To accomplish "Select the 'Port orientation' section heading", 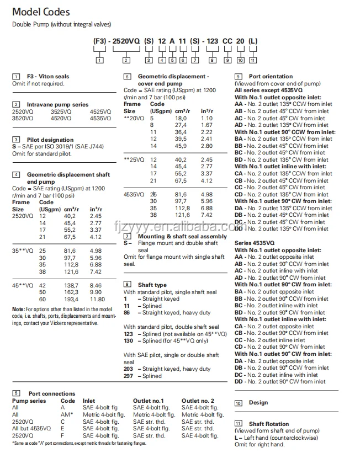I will pyautogui.click(x=271, y=76).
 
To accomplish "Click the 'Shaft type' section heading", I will pyautogui.click(x=152, y=285).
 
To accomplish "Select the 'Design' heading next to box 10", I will pyautogui.click(x=258, y=403).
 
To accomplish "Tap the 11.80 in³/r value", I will pyautogui.click(x=97, y=299).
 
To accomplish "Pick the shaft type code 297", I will pyautogui.click(x=129, y=376).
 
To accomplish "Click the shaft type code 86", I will pyautogui.click(x=126, y=312).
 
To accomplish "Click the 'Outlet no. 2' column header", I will pyautogui.click(x=198, y=401).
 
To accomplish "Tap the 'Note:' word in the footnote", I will pyautogui.click(x=18, y=309).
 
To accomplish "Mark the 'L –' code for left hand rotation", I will pyautogui.click(x=239, y=438).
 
